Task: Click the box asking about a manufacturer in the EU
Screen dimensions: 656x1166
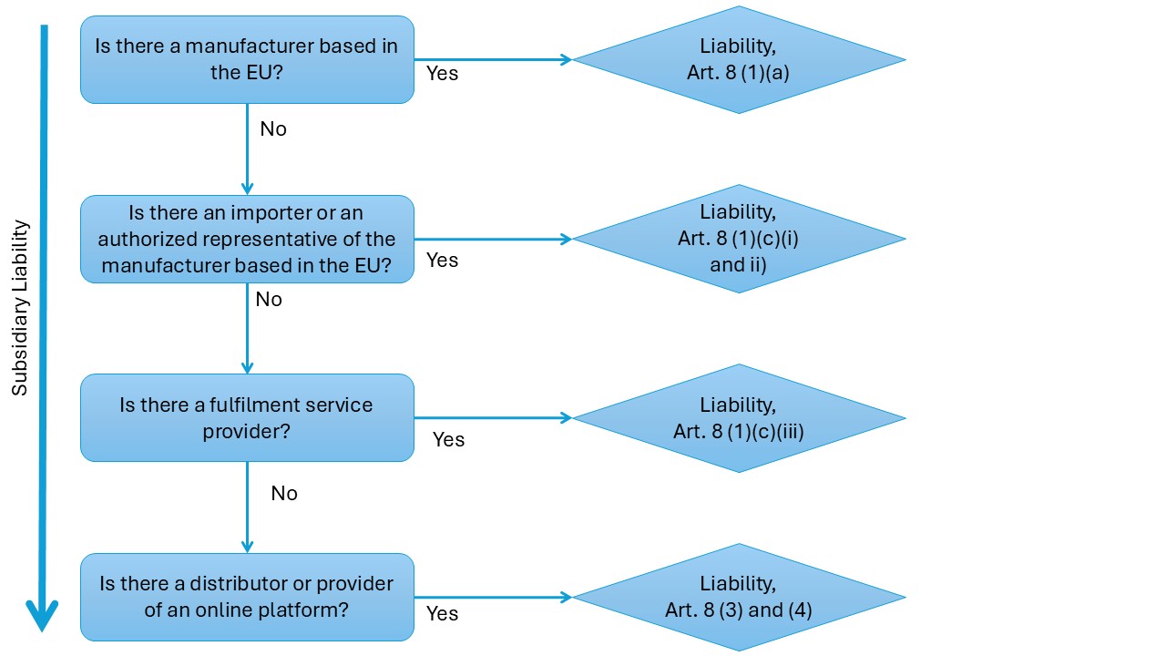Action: click(247, 59)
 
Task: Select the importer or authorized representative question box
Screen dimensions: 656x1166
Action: click(247, 239)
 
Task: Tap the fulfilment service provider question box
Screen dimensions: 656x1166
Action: click(247, 417)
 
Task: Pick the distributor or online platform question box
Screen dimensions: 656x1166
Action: click(247, 597)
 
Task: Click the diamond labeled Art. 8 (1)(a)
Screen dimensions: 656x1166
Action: click(739, 59)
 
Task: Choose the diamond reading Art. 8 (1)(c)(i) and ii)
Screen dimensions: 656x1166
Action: click(739, 239)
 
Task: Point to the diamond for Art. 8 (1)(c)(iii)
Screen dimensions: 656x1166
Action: click(739, 418)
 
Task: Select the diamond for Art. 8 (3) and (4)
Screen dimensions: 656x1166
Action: click(739, 598)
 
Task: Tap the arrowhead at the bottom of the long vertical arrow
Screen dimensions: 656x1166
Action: click(42, 617)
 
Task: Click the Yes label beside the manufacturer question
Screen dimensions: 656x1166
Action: click(443, 74)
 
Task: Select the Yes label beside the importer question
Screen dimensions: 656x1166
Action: click(443, 261)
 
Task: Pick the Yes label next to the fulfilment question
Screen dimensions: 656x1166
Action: click(448, 439)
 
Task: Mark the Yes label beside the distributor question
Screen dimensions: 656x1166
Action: click(443, 613)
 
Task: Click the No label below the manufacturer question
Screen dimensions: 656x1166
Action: click(273, 129)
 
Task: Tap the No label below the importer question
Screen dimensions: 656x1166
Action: click(269, 300)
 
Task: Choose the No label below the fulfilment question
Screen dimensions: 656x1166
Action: click(284, 493)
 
